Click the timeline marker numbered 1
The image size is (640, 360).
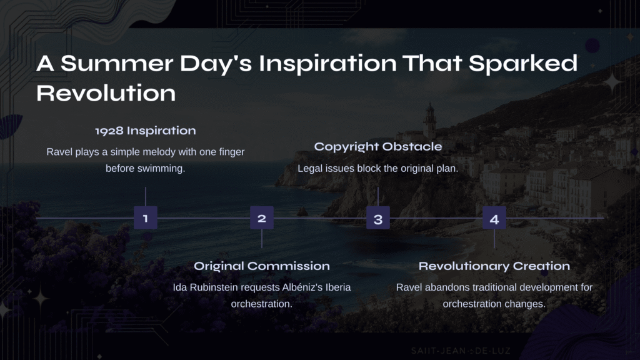point(145,218)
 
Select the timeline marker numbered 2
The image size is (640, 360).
point(262,218)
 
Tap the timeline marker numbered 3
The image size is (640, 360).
point(378,218)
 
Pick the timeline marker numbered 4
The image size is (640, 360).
point(494,218)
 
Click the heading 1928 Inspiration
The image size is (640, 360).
point(145,131)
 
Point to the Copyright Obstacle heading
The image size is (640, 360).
point(378,146)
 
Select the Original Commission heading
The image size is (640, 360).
point(262,266)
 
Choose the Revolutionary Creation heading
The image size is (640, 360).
point(494,266)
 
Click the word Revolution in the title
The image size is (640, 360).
point(106,93)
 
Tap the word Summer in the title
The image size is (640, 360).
point(117,63)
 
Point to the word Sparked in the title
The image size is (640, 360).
point(523,63)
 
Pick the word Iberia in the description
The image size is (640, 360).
point(337,287)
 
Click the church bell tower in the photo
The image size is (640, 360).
point(429,121)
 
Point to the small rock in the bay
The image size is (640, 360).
point(302,211)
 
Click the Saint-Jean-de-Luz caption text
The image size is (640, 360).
point(461,351)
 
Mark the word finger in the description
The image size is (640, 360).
point(231,152)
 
